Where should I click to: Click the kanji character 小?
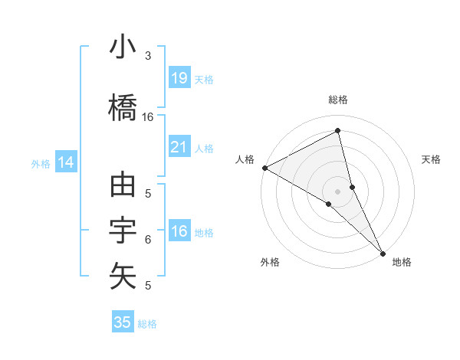(x=123, y=47)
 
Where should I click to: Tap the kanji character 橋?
(x=123, y=106)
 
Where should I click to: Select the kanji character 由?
(x=123, y=185)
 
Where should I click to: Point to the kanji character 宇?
(x=123, y=230)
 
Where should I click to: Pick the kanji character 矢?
(x=123, y=276)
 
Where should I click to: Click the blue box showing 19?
(x=179, y=77)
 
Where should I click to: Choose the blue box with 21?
(x=179, y=147)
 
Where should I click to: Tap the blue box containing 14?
(x=66, y=162)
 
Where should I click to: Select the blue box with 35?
(x=123, y=322)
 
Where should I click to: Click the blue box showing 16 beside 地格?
(x=179, y=231)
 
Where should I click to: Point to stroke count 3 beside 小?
(x=148, y=55)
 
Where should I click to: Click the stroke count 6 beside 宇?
(x=148, y=239)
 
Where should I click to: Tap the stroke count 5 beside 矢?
(x=148, y=286)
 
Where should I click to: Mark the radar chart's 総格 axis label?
(x=338, y=100)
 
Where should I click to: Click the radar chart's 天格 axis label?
(x=431, y=159)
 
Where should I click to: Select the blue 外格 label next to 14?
(x=40, y=163)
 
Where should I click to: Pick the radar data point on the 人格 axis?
(x=264, y=167)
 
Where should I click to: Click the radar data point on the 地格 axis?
(x=383, y=252)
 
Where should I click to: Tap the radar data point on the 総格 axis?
(x=338, y=132)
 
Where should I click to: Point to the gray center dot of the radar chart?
(x=338, y=191)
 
